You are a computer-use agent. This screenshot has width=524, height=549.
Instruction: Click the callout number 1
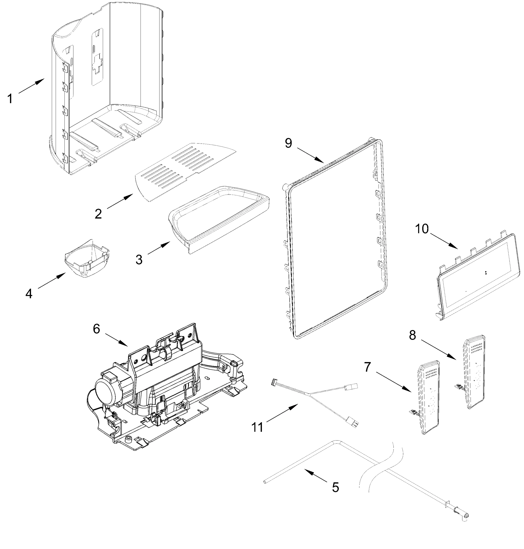click(10, 99)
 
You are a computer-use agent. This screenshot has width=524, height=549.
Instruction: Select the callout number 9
click(288, 143)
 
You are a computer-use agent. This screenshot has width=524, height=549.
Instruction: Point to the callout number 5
click(335, 487)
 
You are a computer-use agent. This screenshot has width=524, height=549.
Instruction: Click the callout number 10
click(421, 229)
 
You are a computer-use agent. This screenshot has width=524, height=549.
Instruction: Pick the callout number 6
click(96, 329)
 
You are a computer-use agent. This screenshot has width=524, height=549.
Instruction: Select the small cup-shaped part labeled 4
click(87, 260)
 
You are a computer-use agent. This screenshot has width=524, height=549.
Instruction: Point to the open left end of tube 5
click(264, 482)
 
